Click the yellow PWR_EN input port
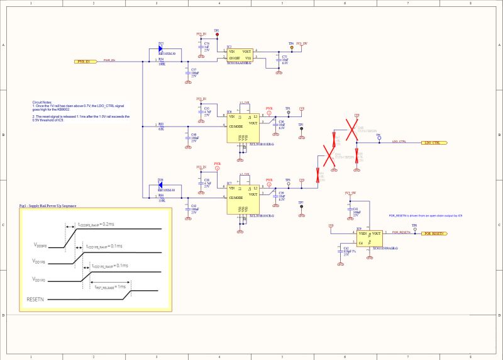click(87, 61)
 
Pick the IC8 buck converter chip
click(243, 125)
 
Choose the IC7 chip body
click(243, 196)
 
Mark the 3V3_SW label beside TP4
click(302, 43)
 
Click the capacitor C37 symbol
click(187, 72)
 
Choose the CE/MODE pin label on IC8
click(236, 127)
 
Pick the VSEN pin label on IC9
click(363, 233)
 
